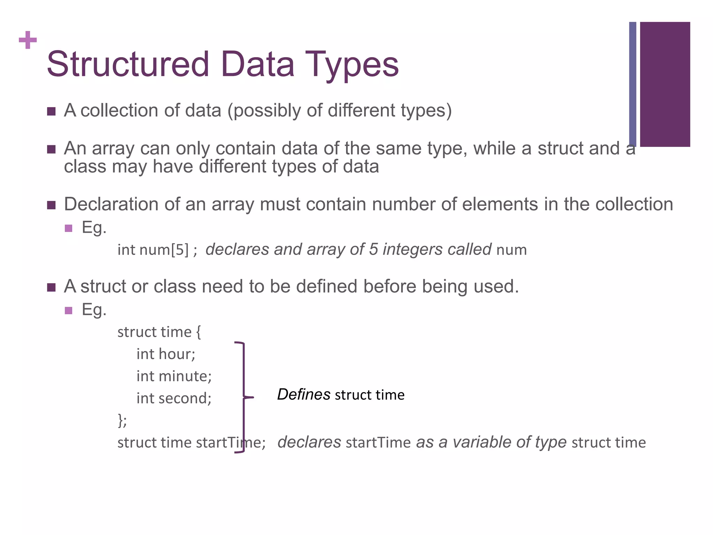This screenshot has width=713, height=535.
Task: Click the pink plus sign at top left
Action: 28,40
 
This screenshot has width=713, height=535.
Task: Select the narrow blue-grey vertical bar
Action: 633,84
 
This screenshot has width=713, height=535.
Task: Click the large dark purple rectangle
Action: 665,84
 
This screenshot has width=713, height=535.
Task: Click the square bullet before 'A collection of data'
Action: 52,111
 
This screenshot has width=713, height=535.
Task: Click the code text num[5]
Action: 164,250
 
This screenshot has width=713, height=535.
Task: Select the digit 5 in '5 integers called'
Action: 373,249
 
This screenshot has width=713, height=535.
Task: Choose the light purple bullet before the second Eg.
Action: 69,310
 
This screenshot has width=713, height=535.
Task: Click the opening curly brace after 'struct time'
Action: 198,332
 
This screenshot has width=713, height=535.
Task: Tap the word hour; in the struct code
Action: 177,354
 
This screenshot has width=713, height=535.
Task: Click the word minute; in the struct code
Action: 185,376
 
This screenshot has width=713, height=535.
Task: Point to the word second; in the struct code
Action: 185,398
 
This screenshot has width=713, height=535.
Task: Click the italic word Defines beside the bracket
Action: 304,395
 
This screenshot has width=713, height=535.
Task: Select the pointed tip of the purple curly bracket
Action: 253,397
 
